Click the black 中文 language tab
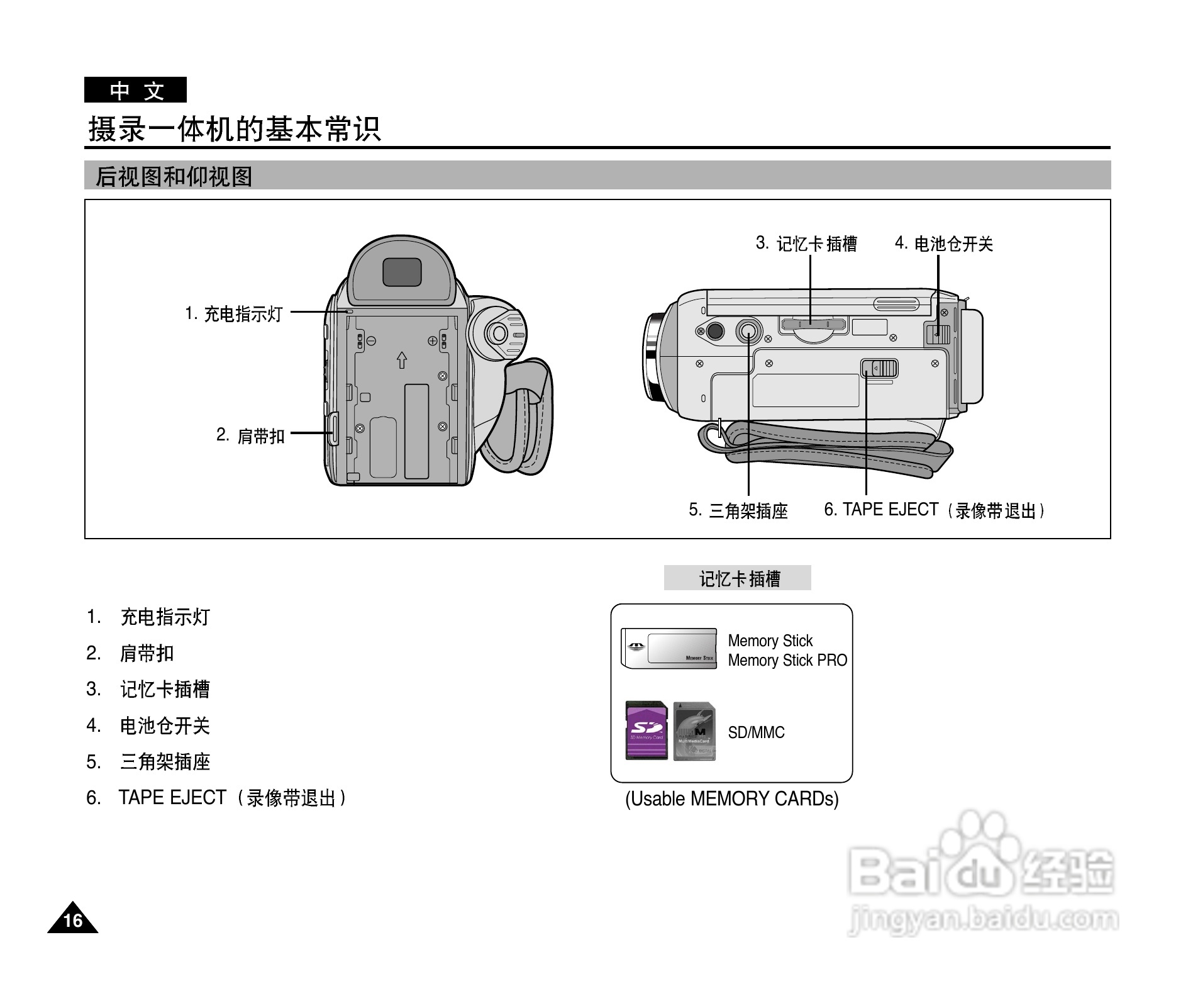[135, 90]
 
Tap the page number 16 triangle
[73, 920]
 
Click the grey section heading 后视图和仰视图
[174, 176]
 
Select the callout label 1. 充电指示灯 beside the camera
[234, 313]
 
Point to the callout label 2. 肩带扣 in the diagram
[250, 435]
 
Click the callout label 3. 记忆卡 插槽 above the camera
[806, 244]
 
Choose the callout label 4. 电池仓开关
[943, 244]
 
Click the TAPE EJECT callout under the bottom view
[933, 510]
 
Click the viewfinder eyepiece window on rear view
[402, 272]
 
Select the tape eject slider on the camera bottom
[879, 368]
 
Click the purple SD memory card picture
[646, 731]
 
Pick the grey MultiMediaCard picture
[694, 731]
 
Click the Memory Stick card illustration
[669, 648]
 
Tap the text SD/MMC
[756, 732]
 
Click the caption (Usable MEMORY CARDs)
[731, 798]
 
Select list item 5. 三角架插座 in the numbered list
[148, 761]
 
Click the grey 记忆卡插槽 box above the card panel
[737, 578]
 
